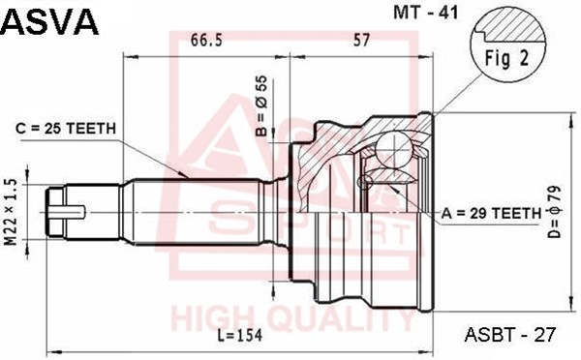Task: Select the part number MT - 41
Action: pyautogui.click(x=426, y=13)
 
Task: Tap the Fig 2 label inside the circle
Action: pyautogui.click(x=506, y=58)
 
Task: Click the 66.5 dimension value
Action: pyautogui.click(x=207, y=40)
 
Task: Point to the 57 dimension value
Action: pyautogui.click(x=361, y=40)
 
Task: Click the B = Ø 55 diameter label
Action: pyautogui.click(x=261, y=105)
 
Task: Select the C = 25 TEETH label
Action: pyautogui.click(x=66, y=129)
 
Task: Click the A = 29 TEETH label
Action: pyautogui.click(x=491, y=213)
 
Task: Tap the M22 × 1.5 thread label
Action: pyautogui.click(x=11, y=212)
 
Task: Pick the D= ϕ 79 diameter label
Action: pyautogui.click(x=556, y=212)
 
